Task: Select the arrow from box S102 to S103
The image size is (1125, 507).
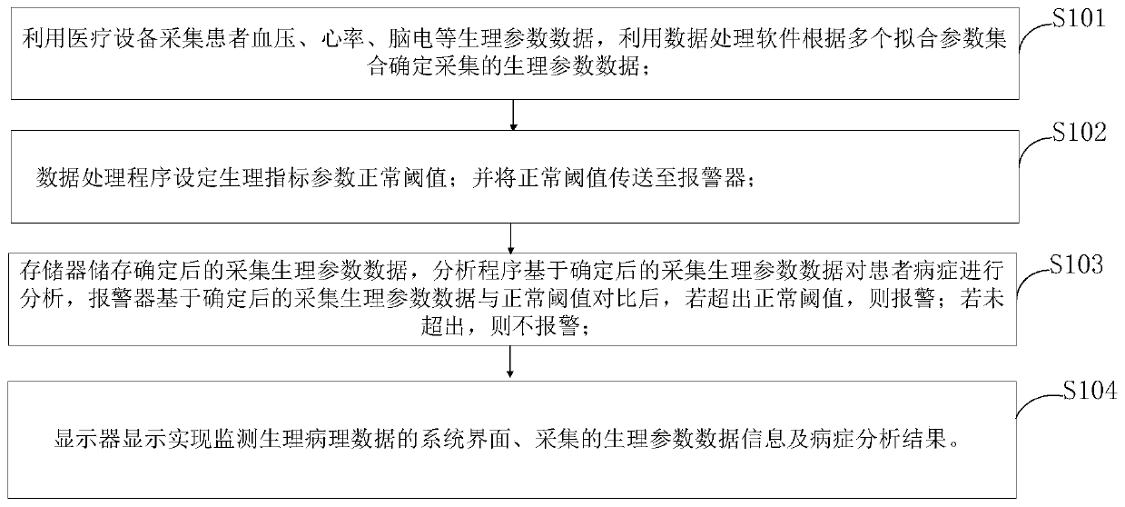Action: (514, 239)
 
